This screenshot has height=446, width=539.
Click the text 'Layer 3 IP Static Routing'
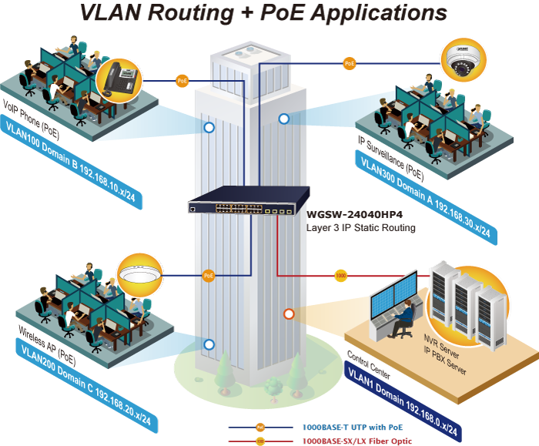361,228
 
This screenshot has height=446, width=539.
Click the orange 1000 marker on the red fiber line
340,274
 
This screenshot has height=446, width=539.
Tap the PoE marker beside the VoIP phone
182,79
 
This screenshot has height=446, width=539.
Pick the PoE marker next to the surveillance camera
350,62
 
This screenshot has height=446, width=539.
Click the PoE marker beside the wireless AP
208,274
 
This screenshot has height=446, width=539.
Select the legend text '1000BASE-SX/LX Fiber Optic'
359,441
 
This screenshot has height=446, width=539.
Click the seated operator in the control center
401,318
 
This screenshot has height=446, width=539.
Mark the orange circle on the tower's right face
288,314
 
